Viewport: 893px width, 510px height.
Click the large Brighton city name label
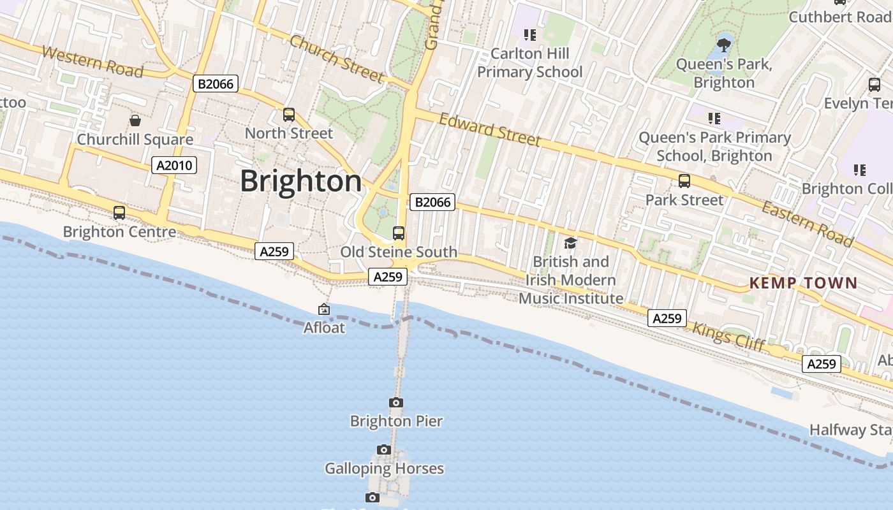point(301,182)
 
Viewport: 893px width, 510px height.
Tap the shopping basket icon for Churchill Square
point(135,120)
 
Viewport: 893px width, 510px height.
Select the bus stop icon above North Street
point(289,115)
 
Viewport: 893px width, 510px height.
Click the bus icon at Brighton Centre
point(119,213)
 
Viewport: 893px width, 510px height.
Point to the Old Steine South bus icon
point(399,233)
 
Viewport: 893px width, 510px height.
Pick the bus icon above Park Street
point(684,181)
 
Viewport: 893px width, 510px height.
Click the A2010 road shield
point(174,166)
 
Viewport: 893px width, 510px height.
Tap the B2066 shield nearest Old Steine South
point(432,203)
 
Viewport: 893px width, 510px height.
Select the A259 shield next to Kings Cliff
point(667,318)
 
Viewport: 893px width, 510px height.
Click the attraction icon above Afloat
point(324,310)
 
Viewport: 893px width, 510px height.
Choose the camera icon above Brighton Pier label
point(396,402)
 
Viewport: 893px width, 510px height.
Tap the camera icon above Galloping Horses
point(383,450)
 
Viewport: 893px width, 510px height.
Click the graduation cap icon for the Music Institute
point(570,243)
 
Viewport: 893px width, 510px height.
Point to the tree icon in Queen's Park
point(723,45)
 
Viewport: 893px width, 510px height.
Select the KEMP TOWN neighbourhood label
point(803,283)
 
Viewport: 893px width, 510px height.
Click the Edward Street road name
point(490,130)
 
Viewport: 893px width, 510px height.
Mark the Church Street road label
point(336,59)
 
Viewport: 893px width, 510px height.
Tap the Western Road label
point(92,62)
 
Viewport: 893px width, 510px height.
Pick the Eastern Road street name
point(808,224)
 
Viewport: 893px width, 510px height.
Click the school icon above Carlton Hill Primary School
point(529,34)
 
